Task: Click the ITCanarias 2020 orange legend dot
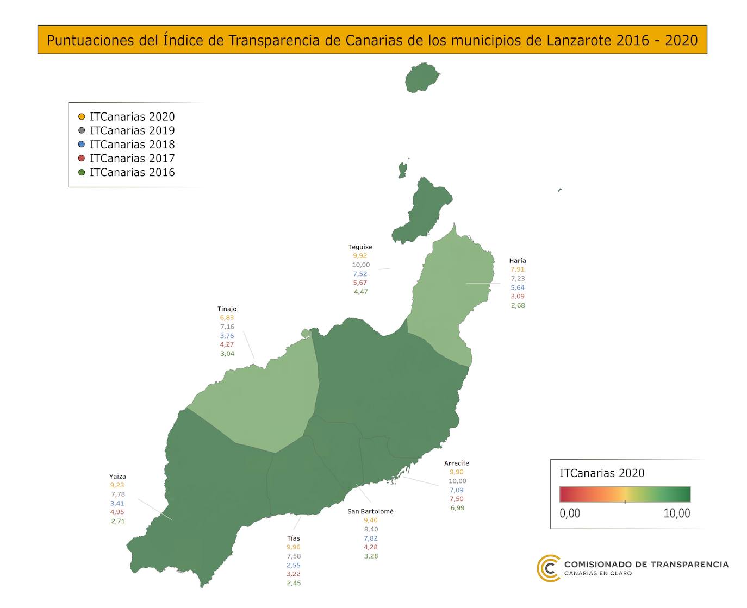click(82, 116)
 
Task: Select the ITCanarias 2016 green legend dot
click(82, 173)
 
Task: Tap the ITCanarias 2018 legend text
click(132, 145)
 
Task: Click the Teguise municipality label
click(360, 247)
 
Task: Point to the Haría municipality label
click(518, 260)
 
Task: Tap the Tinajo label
click(227, 309)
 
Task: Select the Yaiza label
click(117, 477)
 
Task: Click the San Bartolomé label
click(370, 511)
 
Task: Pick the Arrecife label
click(456, 463)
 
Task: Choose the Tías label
click(293, 538)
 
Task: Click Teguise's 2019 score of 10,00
click(360, 265)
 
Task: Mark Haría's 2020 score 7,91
click(518, 269)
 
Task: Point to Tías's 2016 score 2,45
click(294, 583)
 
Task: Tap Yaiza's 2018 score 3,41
click(117, 503)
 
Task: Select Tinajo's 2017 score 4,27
click(227, 344)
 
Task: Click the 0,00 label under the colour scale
click(570, 513)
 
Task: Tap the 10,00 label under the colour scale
click(676, 513)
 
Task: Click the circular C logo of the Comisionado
click(549, 568)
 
